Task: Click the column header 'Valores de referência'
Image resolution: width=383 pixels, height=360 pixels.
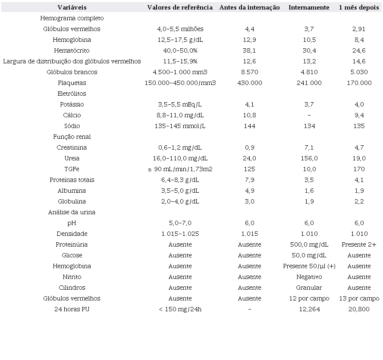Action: pyautogui.click(x=180, y=7)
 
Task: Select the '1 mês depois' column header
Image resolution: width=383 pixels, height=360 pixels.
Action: pyautogui.click(x=359, y=7)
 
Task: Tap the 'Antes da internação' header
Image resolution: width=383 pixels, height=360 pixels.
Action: pyautogui.click(x=249, y=7)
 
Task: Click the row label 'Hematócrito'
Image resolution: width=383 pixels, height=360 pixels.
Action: pyautogui.click(x=72, y=50)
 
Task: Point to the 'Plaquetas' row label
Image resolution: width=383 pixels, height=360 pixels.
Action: pyautogui.click(x=72, y=83)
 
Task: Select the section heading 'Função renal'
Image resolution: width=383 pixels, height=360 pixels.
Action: pyautogui.click(x=72, y=137)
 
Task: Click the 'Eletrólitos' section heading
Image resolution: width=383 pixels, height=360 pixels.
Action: pyautogui.click(x=72, y=94)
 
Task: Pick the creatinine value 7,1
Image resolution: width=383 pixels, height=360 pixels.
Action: pyautogui.click(x=309, y=147)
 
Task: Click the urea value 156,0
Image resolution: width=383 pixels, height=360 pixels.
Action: pyautogui.click(x=309, y=158)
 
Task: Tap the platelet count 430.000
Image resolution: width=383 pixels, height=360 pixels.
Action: pyautogui.click(x=249, y=83)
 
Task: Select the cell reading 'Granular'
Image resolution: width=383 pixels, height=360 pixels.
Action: pyautogui.click(x=309, y=288)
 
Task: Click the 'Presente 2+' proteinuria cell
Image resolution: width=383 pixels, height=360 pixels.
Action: pyautogui.click(x=359, y=244)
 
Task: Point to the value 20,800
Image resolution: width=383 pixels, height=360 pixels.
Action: pyautogui.click(x=359, y=309)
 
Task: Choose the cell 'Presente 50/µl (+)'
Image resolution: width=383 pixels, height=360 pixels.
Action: pyautogui.click(x=309, y=266)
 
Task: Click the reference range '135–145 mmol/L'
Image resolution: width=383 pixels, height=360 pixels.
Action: pyautogui.click(x=180, y=126)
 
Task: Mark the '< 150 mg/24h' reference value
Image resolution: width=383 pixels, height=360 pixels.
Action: pyautogui.click(x=180, y=309)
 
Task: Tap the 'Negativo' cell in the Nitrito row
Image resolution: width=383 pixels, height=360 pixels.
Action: pyautogui.click(x=309, y=277)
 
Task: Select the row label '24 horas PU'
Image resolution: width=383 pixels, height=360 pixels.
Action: pyautogui.click(x=72, y=309)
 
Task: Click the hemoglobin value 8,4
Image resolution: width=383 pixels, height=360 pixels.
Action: pyautogui.click(x=359, y=40)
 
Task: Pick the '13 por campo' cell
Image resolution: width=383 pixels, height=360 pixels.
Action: pyautogui.click(x=359, y=298)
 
